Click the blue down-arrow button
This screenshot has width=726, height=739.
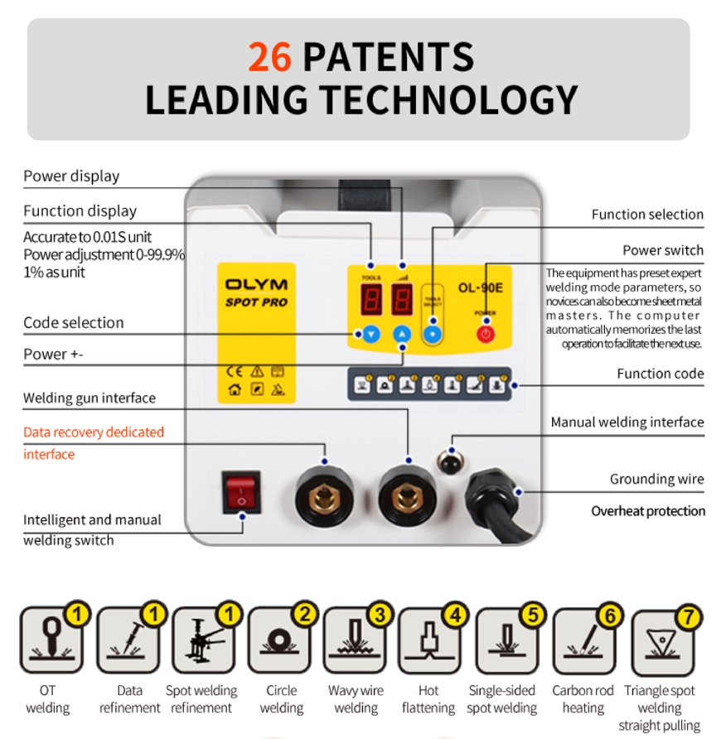[x=370, y=335]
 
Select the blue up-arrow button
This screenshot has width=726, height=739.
[x=402, y=335]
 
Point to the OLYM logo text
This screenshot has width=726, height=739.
[x=257, y=284]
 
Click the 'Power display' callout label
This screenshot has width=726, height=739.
[x=71, y=176]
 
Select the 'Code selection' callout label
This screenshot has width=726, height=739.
[x=74, y=323]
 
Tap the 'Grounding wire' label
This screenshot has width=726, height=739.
[x=656, y=479]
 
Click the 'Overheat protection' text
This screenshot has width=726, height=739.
[x=648, y=511]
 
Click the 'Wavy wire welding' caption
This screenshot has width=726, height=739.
[x=356, y=699]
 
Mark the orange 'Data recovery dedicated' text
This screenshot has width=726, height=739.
[x=94, y=432]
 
